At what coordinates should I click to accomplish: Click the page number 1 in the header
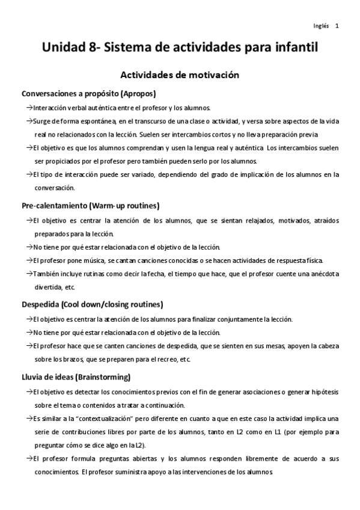point(337,26)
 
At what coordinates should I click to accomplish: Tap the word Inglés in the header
point(321,26)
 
